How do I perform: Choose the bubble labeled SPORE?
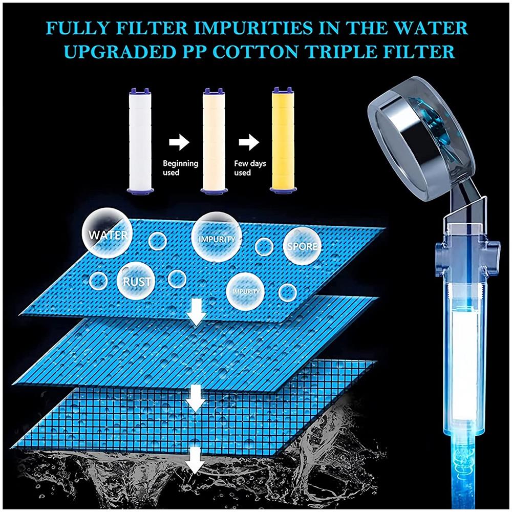point(302,246)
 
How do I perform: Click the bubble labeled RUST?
point(137,281)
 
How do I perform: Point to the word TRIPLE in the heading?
point(373,53)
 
